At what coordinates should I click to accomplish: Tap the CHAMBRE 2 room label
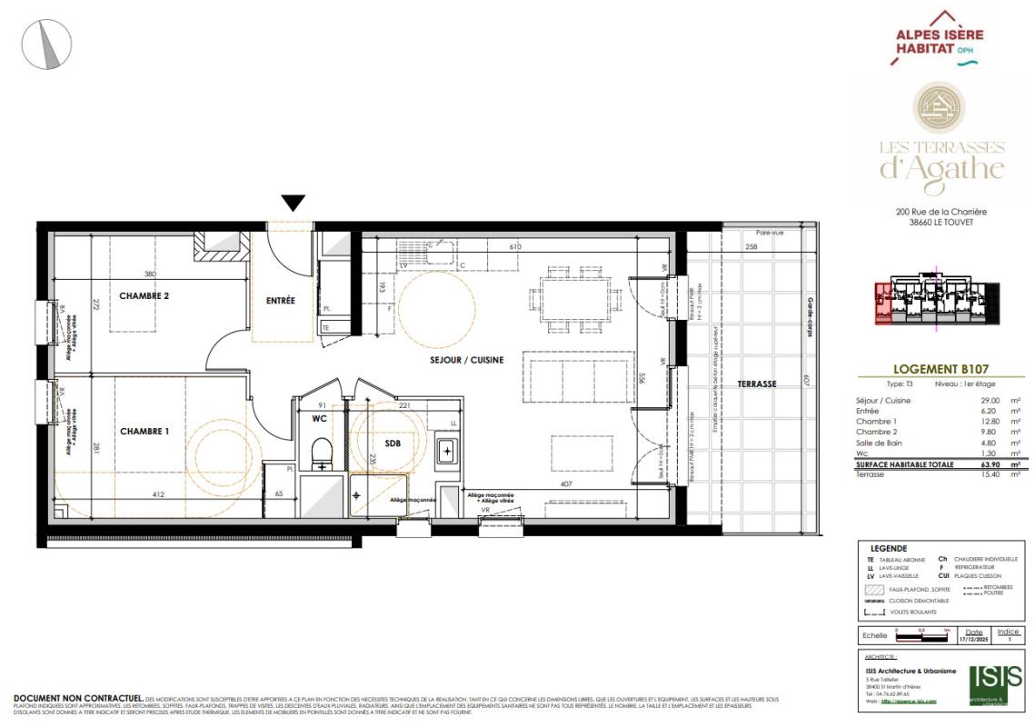click(x=144, y=296)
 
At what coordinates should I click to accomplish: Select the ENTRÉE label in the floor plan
click(x=281, y=301)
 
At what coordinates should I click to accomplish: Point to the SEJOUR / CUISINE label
click(x=467, y=360)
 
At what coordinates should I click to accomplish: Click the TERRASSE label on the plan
click(x=756, y=384)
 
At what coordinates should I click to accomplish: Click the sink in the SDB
click(x=447, y=451)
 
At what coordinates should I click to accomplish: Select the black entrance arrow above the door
click(x=293, y=203)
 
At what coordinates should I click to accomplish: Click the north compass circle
click(x=46, y=44)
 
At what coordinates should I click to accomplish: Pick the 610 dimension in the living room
click(x=514, y=247)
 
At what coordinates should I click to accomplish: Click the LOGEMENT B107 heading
click(x=940, y=370)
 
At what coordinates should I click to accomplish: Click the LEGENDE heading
click(x=888, y=549)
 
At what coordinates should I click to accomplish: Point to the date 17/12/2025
click(x=973, y=640)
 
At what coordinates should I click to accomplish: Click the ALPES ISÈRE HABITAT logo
click(x=939, y=38)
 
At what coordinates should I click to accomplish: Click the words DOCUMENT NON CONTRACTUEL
click(x=77, y=698)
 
